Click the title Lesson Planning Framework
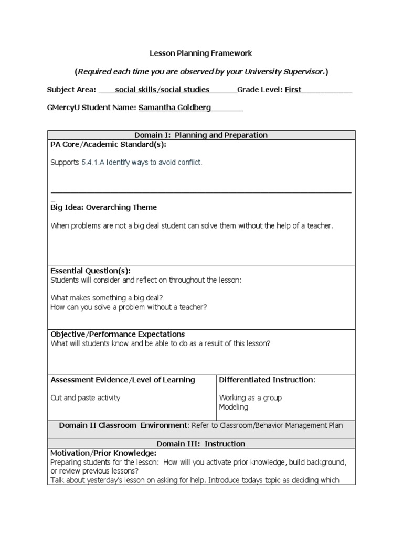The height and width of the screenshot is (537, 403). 201,53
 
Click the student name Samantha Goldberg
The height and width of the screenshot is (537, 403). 175,108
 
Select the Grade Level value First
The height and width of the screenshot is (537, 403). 293,90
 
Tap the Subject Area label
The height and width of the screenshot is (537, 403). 71,90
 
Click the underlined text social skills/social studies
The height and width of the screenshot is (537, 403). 162,90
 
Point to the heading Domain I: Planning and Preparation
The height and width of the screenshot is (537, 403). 201,135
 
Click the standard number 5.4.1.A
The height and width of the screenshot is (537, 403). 93,163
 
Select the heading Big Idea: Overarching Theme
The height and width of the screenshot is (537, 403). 103,207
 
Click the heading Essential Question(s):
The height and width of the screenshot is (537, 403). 90,271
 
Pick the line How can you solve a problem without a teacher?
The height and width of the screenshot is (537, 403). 129,307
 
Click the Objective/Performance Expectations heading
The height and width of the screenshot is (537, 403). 118,334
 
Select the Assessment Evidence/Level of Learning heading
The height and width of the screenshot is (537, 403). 122,380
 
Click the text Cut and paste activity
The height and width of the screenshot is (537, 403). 85,398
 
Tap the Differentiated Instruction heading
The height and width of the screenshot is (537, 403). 267,380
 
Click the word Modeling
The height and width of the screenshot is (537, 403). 234,407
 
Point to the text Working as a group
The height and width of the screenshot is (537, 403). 250,398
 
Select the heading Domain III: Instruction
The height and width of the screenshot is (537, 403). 201,443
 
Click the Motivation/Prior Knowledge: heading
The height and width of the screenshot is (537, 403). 103,453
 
